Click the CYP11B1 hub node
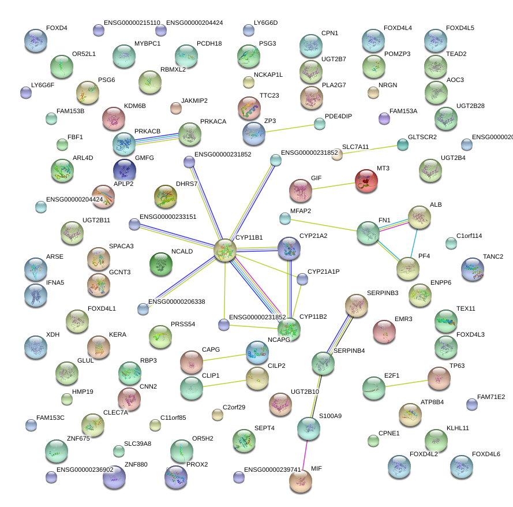click(225, 250)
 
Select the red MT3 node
click(366, 181)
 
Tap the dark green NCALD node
click(160, 264)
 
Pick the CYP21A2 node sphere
click(289, 249)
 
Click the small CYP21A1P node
click(302, 279)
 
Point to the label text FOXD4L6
click(486, 454)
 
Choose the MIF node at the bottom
click(300, 481)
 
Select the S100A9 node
click(308, 428)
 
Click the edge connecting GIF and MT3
click(333, 186)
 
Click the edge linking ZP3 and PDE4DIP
click(293, 131)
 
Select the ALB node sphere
click(420, 217)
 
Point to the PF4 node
click(408, 268)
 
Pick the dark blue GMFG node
click(125, 170)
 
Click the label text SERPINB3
click(382, 293)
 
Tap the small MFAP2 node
click(285, 218)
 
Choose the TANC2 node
click(473, 269)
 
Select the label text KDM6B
click(135, 106)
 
